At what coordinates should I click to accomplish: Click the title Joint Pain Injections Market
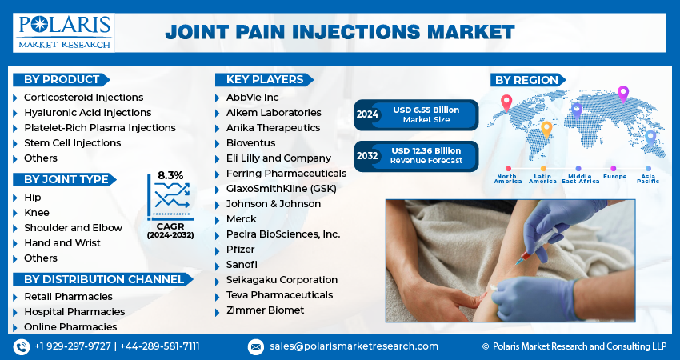(339, 32)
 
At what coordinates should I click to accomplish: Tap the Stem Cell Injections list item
(72, 142)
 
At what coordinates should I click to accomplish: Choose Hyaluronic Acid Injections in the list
(87, 112)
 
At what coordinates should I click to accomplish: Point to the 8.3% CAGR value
(170, 175)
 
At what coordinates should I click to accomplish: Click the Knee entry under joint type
(36, 212)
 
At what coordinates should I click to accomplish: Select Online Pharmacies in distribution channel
(70, 326)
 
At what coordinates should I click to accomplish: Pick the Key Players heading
(264, 79)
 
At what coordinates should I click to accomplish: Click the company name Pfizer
(241, 249)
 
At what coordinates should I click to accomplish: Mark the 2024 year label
(367, 114)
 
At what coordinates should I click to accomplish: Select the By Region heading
(526, 79)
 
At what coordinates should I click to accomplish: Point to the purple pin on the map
(623, 93)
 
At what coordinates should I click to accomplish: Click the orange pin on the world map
(546, 128)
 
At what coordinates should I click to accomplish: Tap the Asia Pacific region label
(648, 178)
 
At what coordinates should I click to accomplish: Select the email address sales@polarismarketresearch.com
(354, 346)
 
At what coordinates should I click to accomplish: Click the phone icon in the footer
(21, 346)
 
